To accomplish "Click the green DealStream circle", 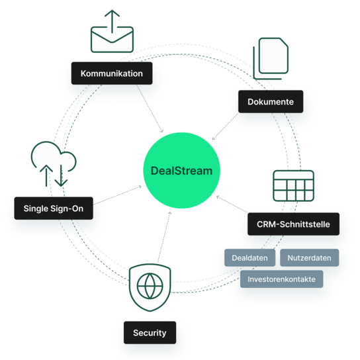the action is tap(181, 170).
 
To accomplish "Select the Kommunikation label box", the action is tap(112, 73).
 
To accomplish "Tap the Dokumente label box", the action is tap(271, 101).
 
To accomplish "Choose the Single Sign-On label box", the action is tap(54, 208).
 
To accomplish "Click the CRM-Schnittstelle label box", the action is tap(293, 224).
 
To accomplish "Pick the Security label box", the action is tap(150, 332).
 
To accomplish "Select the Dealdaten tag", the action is tap(249, 257).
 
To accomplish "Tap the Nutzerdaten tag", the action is tap(309, 257).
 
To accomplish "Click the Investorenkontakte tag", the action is tap(281, 279).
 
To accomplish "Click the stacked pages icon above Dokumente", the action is tap(271, 58).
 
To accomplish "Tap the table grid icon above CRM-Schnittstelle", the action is tap(293, 186).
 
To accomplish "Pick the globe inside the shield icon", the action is tap(150, 286).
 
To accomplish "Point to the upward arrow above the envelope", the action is tap(112, 22).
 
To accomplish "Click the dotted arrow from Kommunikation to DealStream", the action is tap(150, 109).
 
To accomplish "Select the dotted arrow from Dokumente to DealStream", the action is tap(225, 126).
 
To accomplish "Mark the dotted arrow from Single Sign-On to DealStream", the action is tap(118, 195).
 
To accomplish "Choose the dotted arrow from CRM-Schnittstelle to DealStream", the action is tap(232, 204).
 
